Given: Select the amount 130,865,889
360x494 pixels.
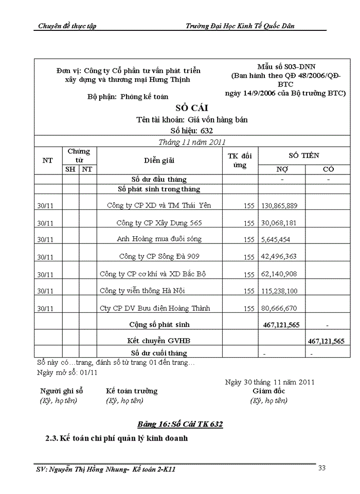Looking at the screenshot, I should pos(279,205).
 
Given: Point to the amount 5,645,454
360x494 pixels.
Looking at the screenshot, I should pos(276,239).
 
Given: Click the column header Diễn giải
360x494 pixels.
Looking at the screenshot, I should pos(159,160).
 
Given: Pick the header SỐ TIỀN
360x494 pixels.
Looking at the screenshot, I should pos(303,155).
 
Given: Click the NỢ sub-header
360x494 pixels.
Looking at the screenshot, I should pos(282,169).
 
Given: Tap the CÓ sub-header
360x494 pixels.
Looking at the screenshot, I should pos(328,169).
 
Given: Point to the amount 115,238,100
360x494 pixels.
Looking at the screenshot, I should pos(279,291).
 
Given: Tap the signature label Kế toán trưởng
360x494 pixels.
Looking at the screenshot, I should pos(132,391).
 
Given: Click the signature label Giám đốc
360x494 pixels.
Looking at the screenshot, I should pos(268,391).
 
